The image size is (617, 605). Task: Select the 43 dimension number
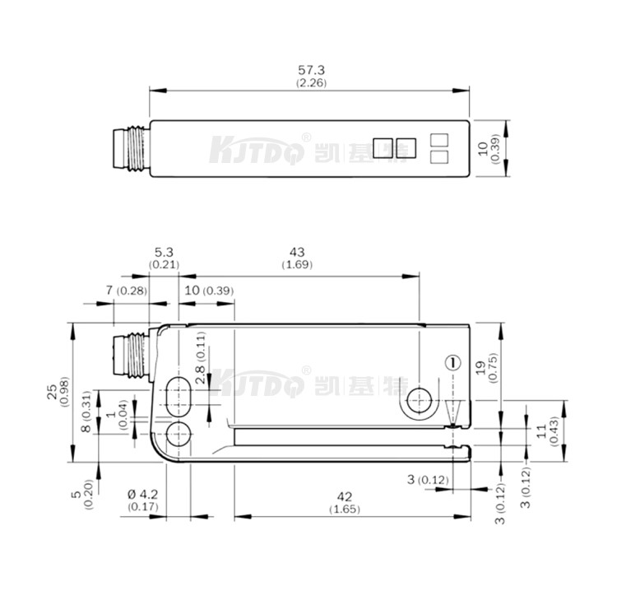click(297, 252)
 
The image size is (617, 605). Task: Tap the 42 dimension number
click(345, 497)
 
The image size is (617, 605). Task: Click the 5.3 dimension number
click(164, 252)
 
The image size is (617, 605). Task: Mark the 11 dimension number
click(543, 429)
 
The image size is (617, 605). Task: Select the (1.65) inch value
click(345, 510)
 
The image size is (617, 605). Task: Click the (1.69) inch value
click(297, 264)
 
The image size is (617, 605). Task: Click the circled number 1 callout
click(451, 362)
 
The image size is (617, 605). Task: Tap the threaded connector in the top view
click(131, 149)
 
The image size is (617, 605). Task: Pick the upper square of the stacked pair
click(439, 141)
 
